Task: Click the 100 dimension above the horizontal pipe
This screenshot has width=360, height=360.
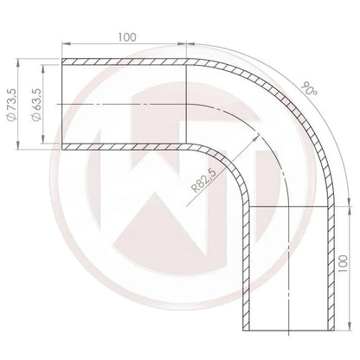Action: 126,39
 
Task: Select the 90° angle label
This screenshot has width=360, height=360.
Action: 307,91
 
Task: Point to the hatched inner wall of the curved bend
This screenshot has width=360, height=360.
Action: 229,157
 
